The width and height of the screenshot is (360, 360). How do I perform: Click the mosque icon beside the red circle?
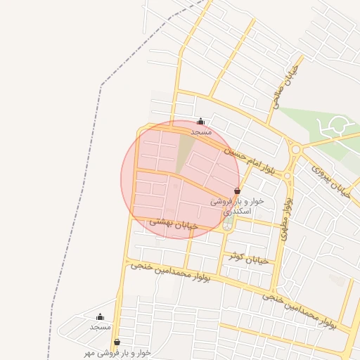(201, 121)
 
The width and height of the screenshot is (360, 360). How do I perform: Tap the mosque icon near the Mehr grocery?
(100, 317)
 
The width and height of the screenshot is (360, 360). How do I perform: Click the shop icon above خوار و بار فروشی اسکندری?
(237, 191)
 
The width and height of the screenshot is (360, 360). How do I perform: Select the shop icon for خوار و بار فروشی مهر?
(117, 342)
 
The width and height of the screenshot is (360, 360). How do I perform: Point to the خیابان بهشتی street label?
(173, 224)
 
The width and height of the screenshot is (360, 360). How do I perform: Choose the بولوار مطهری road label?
(285, 218)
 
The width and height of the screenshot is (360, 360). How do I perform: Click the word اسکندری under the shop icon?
(233, 211)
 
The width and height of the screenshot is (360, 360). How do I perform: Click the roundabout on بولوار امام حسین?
(296, 149)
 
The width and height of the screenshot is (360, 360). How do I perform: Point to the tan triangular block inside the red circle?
(185, 151)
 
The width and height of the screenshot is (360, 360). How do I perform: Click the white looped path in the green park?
(334, 127)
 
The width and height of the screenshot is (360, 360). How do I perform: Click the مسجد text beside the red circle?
(201, 131)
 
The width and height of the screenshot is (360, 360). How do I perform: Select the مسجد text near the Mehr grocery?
(100, 327)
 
